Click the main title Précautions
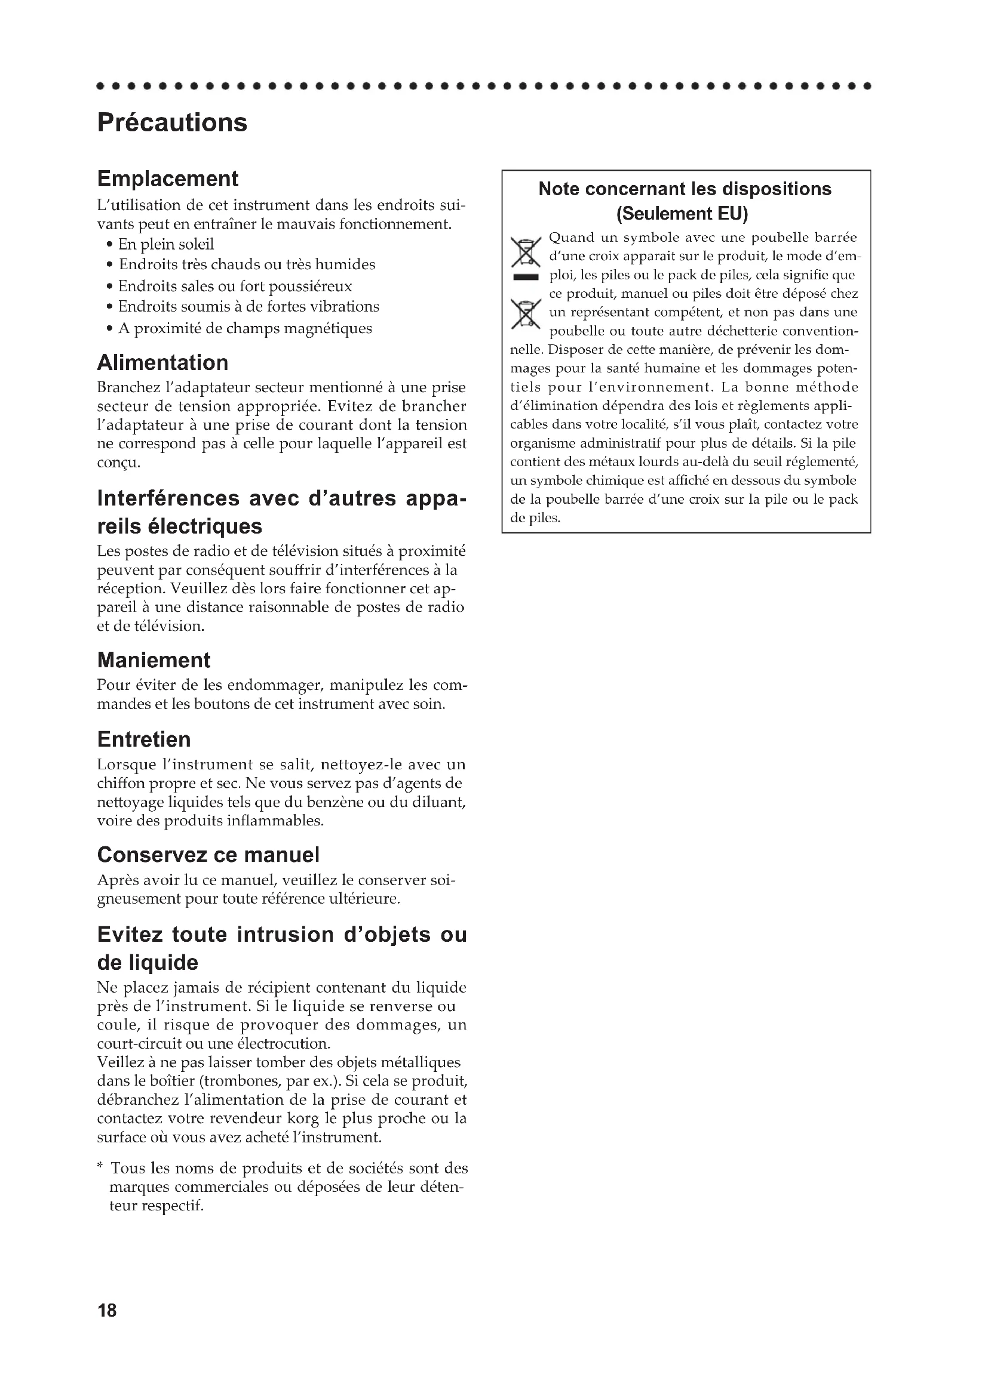172,123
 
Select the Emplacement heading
167,179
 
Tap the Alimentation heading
162,363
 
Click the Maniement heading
154,660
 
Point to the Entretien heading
143,739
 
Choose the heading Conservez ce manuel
208,855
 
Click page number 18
106,1310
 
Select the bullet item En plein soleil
165,245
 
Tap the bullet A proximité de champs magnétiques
244,328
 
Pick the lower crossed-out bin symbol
526,315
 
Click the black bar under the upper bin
526,278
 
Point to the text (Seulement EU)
682,214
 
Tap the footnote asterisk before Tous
100,1166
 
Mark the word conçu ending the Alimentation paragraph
119,463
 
